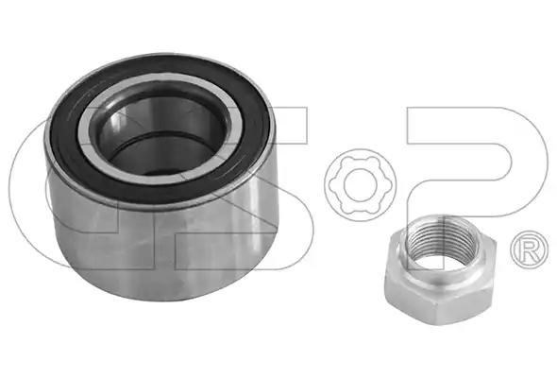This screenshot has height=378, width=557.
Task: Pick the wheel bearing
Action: point(160,178)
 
